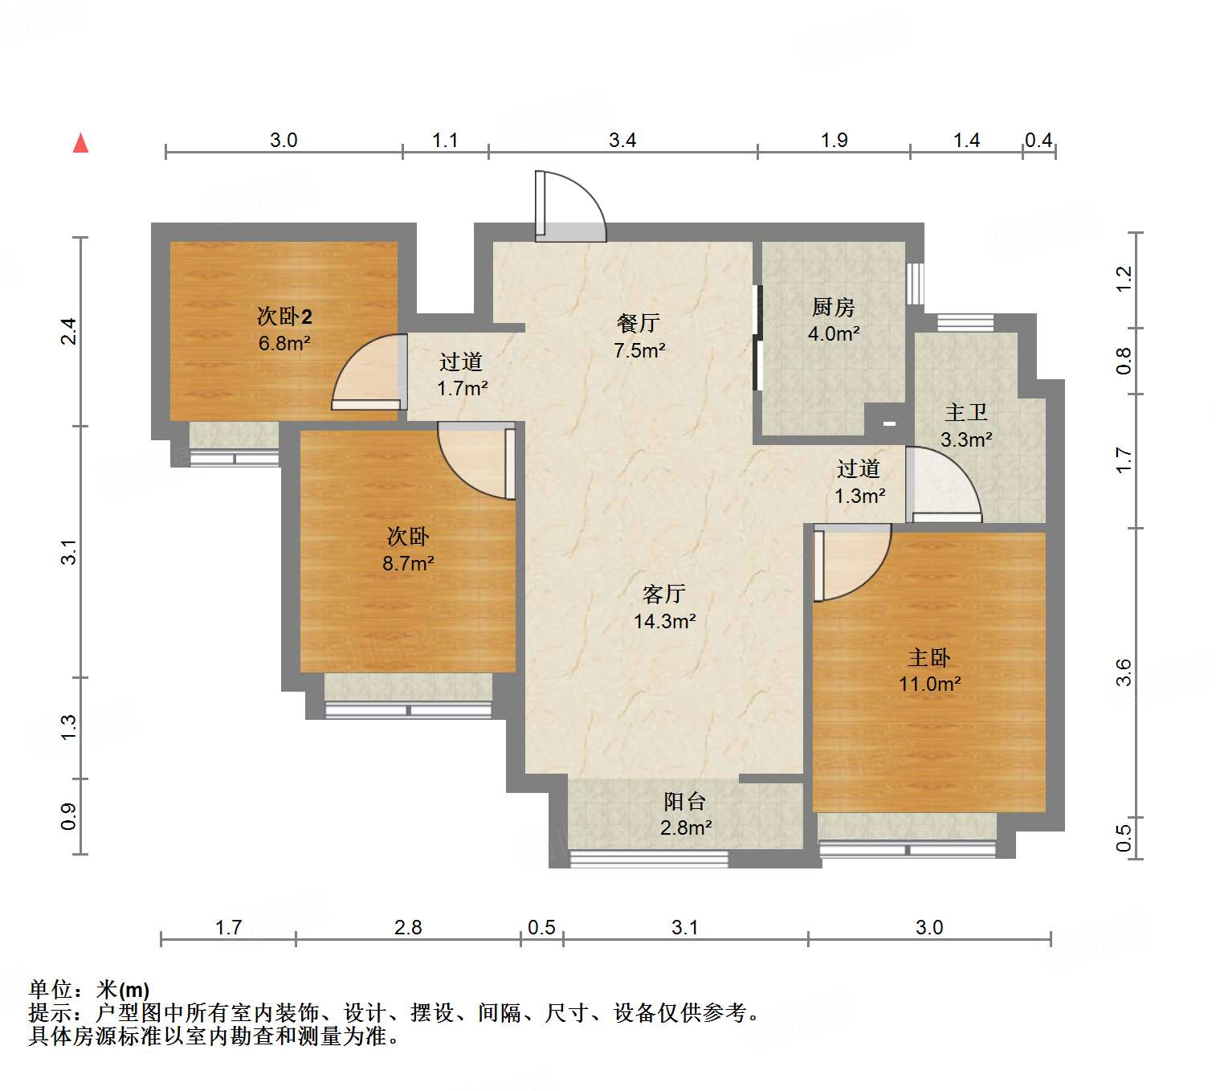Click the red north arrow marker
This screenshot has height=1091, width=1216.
click(x=80, y=143)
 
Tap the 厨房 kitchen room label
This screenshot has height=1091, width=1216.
click(x=833, y=307)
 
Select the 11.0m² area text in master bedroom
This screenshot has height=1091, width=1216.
click(x=929, y=684)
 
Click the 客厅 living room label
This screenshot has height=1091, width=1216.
click(x=663, y=594)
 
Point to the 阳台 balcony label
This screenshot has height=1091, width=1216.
click(x=684, y=801)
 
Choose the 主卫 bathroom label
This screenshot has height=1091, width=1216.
click(x=965, y=412)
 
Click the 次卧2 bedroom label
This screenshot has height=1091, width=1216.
click(x=284, y=316)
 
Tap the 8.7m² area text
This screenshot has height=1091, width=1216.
click(x=408, y=563)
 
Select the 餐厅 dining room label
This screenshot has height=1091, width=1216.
click(x=638, y=323)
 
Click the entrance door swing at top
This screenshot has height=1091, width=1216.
click(x=570, y=207)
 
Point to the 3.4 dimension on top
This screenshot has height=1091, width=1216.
click(x=622, y=141)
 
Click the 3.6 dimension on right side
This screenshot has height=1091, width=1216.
click(x=1124, y=672)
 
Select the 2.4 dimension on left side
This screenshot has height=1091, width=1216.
click(x=69, y=331)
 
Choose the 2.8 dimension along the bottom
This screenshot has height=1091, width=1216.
click(x=408, y=927)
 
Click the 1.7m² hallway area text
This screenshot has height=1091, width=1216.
click(x=462, y=389)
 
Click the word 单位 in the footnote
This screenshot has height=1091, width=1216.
click(x=50, y=990)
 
